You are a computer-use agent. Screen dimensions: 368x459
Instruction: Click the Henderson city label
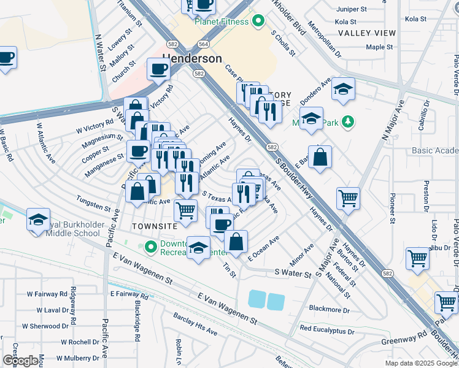[192, 58]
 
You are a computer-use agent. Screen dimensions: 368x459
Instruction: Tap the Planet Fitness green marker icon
[258, 22]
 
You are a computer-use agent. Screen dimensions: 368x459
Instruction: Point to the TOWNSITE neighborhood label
[155, 226]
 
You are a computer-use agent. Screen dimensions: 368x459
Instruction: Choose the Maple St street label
[379, 47]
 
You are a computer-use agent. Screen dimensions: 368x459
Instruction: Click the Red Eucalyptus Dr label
[326, 330]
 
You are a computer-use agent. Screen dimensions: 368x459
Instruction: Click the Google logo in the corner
[20, 361]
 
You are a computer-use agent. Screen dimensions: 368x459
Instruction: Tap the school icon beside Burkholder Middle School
[38, 219]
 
